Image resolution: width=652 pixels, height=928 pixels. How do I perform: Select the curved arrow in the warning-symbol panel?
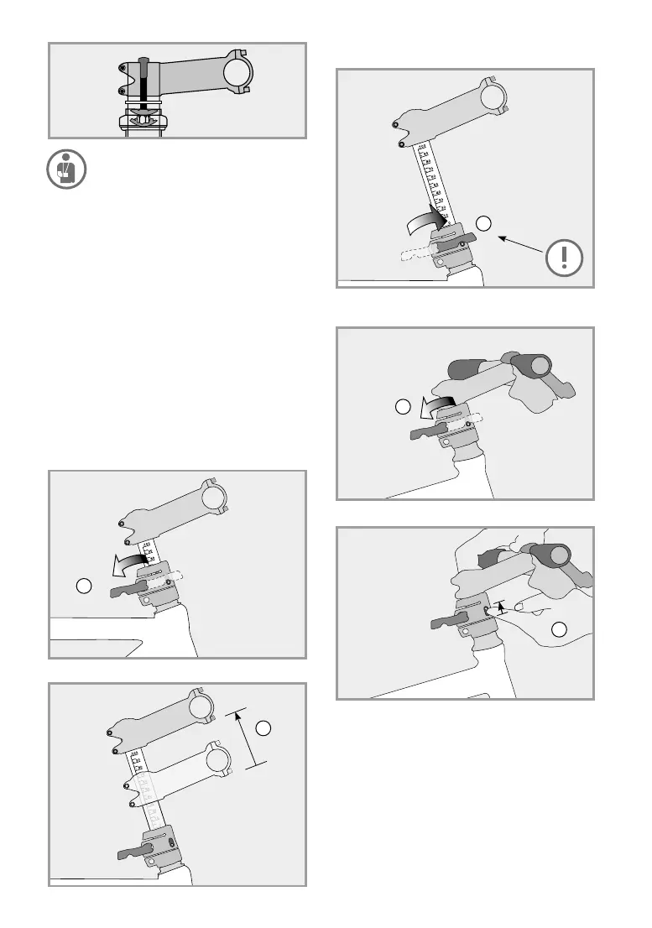point(425,222)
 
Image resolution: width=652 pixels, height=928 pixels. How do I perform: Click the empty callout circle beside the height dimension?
point(263,727)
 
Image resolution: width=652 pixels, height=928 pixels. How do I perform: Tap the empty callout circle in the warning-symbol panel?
point(483,222)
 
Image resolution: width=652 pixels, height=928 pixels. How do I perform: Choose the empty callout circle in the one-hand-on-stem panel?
point(403,408)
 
